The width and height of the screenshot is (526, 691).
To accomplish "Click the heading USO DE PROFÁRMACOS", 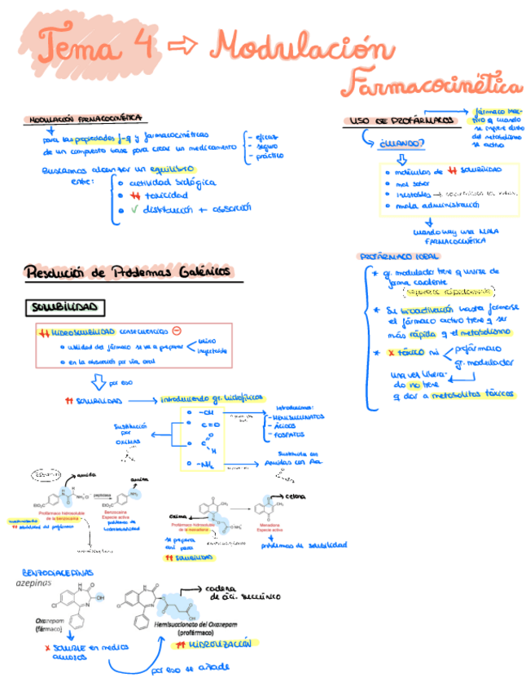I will point(401,120).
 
